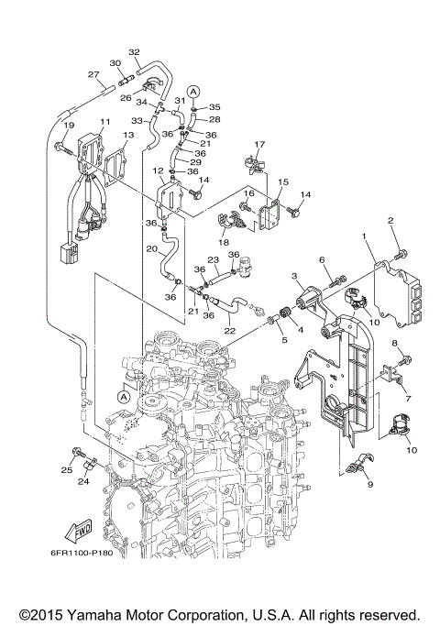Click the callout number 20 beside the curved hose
[x=150, y=248]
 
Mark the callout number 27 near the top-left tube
[x=93, y=74]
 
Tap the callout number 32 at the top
[x=134, y=51]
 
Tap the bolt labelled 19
[x=60, y=144]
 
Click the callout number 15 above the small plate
[x=283, y=182]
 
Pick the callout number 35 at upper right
[x=215, y=107]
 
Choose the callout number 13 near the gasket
[x=128, y=135]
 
